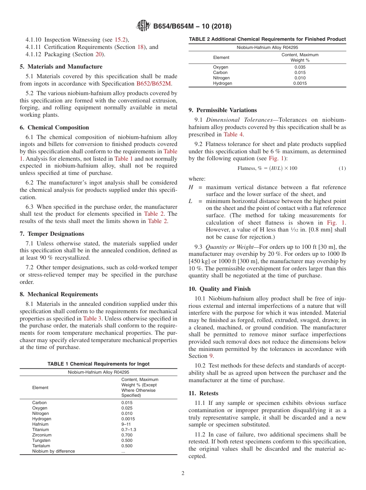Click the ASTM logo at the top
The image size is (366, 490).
[x=143, y=26]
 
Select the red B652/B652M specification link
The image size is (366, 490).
[x=154, y=83]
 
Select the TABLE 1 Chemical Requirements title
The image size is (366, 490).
[x=98, y=364]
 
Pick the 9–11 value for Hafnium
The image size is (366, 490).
[x=126, y=424]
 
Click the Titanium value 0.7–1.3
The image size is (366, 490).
[x=129, y=430]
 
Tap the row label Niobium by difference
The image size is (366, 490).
[x=54, y=451]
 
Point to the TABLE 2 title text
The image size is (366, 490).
[x=267, y=39]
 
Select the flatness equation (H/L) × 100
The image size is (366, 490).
[x=267, y=168]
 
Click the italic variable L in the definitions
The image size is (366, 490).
[x=190, y=201]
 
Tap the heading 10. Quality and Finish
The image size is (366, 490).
[x=220, y=289]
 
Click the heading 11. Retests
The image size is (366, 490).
[x=203, y=393]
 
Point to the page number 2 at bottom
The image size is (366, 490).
[x=183, y=473]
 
